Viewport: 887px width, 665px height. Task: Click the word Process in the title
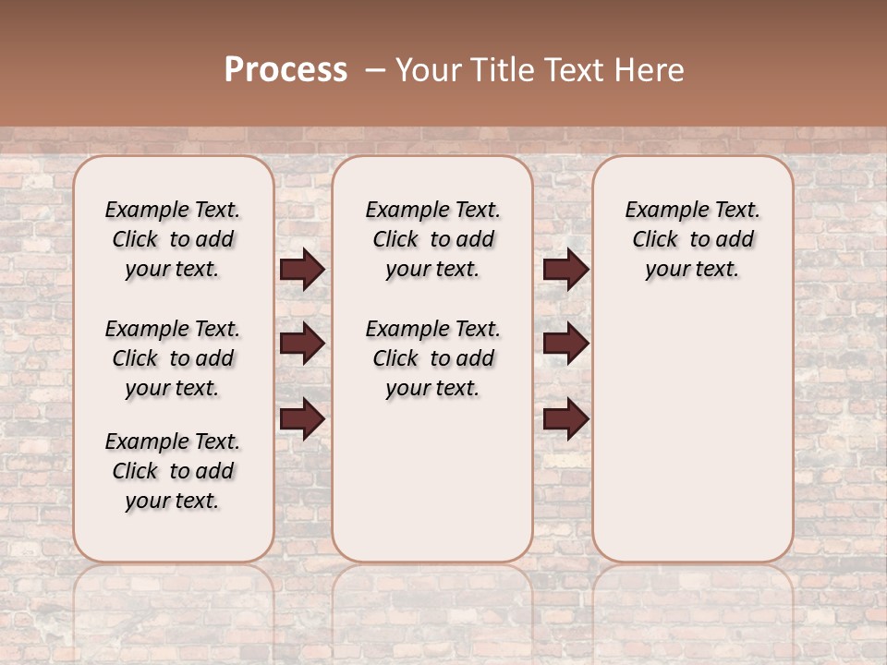point(286,70)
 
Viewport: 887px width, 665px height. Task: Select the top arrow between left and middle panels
point(302,269)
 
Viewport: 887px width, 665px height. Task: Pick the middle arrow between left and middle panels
point(302,344)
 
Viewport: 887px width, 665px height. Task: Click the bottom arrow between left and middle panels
point(302,418)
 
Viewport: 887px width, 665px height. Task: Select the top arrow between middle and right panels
point(565,269)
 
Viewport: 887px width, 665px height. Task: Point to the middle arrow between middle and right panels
point(565,344)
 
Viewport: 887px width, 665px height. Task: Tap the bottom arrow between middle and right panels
point(565,418)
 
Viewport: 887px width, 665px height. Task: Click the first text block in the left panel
point(173,239)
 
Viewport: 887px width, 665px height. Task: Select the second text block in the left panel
point(173,358)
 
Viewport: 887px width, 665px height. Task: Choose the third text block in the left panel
point(173,471)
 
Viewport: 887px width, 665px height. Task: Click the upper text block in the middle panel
point(432,239)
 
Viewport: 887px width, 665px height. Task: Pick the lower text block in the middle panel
point(432,358)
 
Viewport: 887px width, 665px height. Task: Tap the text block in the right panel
point(692,239)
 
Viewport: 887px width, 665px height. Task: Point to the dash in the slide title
point(375,70)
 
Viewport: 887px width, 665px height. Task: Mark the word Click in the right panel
point(655,240)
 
